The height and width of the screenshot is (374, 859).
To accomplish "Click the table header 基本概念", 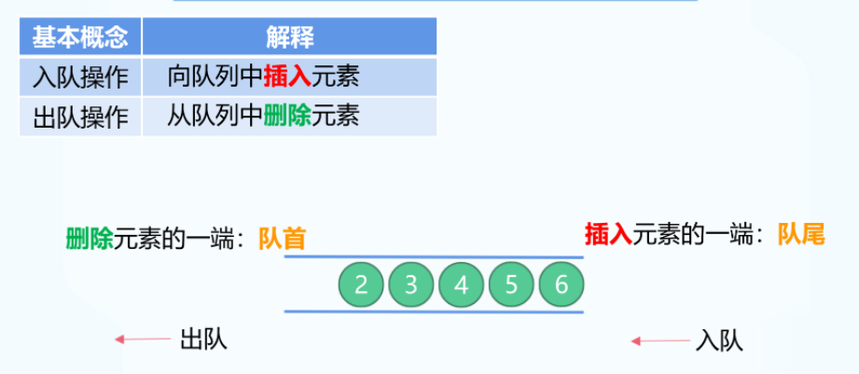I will click(x=80, y=37).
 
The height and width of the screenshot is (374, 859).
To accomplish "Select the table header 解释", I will click(x=289, y=37).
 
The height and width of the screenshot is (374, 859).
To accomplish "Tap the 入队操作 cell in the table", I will click(x=80, y=76).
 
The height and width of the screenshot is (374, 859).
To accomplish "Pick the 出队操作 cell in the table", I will click(x=80, y=117).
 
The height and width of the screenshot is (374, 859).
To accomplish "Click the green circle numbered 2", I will click(x=361, y=284).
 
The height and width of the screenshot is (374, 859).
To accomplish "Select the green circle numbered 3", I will click(x=411, y=284).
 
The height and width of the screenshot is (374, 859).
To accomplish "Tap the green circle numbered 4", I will click(x=461, y=284).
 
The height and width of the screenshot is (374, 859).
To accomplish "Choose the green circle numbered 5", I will click(x=511, y=284).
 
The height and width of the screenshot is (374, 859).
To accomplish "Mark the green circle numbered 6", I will click(x=561, y=284).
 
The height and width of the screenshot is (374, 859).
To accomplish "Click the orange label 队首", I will click(x=283, y=240).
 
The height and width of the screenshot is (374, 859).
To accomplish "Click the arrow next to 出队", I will click(x=141, y=340).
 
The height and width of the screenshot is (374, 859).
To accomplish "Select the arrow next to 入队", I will click(x=658, y=341).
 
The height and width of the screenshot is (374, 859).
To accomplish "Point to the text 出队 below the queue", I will click(x=203, y=339).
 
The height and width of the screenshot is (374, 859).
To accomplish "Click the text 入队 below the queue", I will click(x=719, y=340).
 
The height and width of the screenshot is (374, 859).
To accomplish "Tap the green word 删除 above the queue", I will click(x=89, y=239).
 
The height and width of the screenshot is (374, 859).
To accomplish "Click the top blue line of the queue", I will click(x=434, y=257).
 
